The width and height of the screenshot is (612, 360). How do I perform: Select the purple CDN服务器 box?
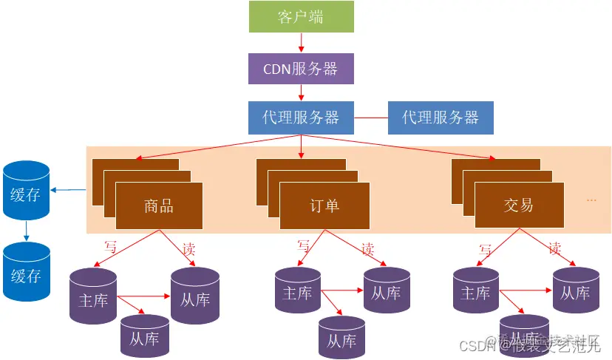300,68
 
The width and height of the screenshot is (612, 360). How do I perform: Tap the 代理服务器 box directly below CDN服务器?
300,118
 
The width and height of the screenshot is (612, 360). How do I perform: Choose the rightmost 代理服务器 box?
441,118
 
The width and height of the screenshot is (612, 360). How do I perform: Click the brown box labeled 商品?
158,206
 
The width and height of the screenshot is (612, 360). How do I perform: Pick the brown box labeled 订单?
324,206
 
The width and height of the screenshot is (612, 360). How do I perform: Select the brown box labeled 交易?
518,205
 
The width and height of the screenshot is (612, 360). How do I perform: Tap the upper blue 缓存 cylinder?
26,194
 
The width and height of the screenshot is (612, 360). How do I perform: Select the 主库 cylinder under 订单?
298,293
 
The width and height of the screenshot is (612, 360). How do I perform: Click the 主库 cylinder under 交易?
475,293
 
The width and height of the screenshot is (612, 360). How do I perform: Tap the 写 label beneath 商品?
110,246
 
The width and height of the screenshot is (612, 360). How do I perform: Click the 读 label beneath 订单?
367,248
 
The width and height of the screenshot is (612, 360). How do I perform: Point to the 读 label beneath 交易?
555,248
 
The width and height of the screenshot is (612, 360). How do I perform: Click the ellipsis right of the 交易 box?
591,200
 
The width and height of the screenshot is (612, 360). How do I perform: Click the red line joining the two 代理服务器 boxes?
371,118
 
